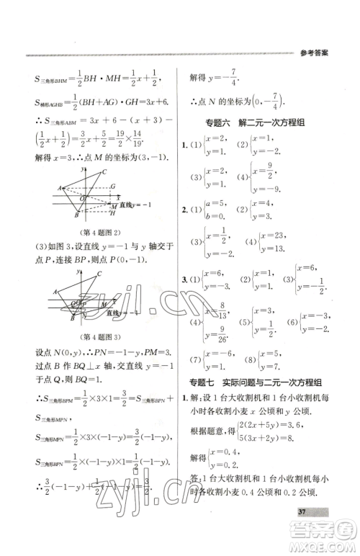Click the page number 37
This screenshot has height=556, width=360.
[x=318, y=532]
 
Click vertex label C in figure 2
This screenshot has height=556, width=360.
[x=104, y=171]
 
